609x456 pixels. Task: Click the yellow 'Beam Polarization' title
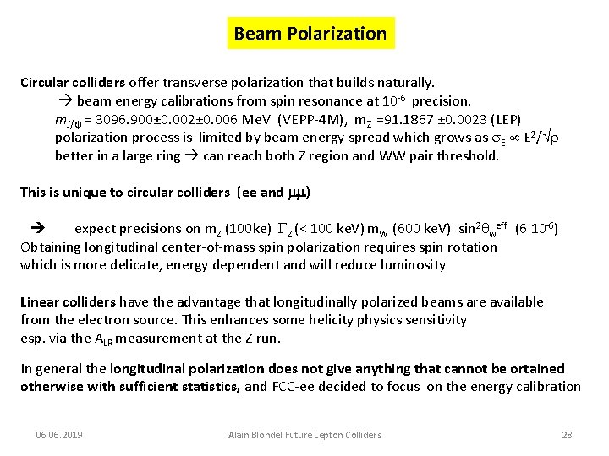tap(310, 35)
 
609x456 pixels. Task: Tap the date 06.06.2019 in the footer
tap(59, 435)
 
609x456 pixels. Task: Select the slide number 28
tap(567, 435)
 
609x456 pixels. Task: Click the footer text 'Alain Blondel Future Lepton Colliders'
tap(305, 435)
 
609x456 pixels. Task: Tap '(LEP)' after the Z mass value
tap(505, 120)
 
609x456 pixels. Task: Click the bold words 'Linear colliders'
tap(69, 301)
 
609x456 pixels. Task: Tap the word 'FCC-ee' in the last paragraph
tap(294, 387)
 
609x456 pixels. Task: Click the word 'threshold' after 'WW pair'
tap(464, 155)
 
